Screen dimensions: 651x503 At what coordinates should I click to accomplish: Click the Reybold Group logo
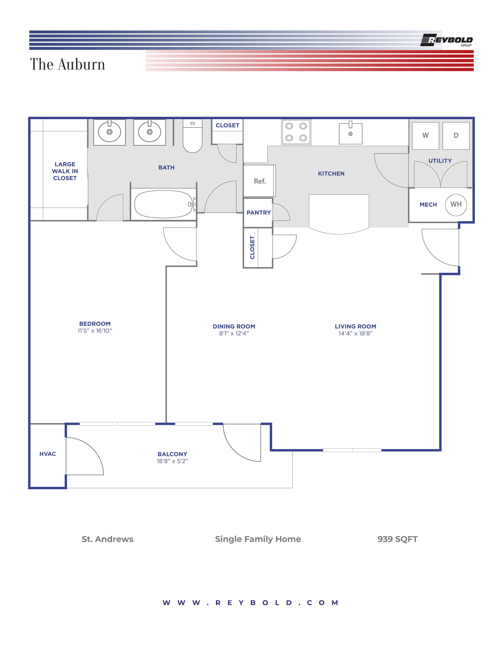point(446,40)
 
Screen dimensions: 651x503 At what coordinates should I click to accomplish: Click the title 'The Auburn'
point(68,64)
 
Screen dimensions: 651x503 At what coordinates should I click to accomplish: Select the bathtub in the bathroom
point(163,204)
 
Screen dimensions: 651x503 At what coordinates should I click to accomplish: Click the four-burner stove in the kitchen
point(296,132)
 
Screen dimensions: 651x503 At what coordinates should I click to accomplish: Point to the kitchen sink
point(351,134)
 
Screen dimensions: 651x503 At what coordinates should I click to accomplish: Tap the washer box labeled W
point(425,136)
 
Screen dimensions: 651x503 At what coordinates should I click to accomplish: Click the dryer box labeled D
point(456,136)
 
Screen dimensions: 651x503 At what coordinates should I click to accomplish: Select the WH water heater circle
point(456,205)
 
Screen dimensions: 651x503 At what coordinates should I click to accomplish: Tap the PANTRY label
point(258,212)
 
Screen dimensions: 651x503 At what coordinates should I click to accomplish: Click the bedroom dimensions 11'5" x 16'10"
point(95,331)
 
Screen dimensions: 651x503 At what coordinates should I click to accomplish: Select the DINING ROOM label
point(234,326)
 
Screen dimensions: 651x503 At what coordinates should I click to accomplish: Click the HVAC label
point(48,454)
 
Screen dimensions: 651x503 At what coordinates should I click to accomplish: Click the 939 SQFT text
point(397,539)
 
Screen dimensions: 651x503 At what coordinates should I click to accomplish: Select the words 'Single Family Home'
point(258,539)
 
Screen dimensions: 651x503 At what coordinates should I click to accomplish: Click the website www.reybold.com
point(250,603)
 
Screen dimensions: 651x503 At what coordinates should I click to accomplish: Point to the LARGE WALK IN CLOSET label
point(65,171)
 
